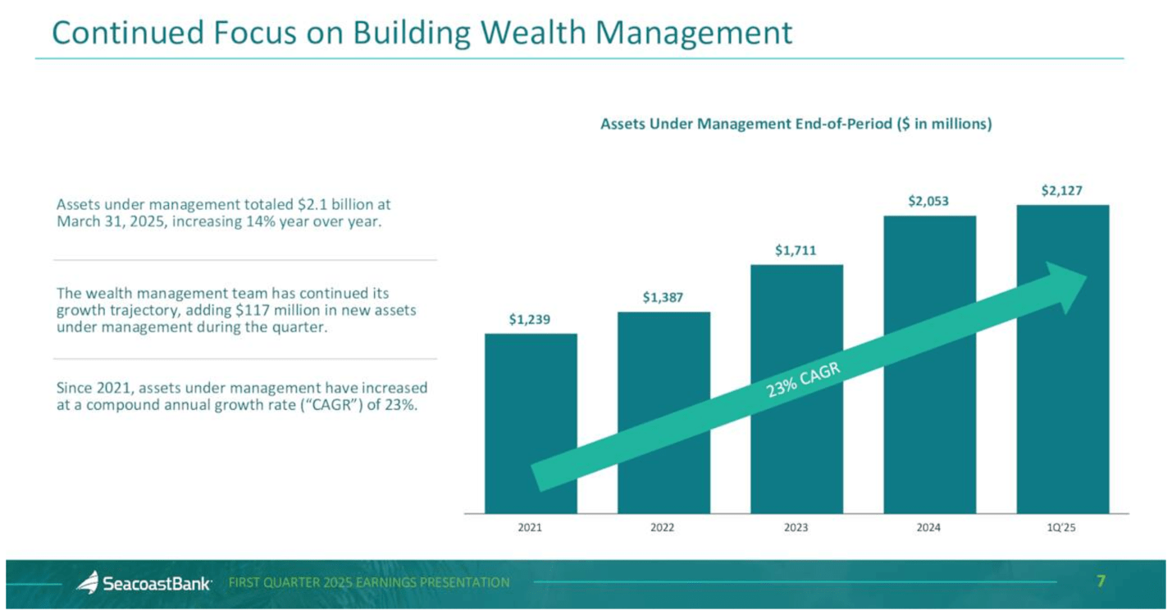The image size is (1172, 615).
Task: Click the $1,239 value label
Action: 530,320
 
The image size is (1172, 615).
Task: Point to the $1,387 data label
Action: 664,298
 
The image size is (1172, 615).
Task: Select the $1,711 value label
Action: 796,250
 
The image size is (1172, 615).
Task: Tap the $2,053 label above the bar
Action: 928,201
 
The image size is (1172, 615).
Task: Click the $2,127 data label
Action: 1061,190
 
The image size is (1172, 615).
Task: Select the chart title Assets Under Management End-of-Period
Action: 796,125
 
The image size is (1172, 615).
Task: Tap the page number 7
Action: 1101,581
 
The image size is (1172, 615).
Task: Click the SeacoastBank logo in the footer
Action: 145,583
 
